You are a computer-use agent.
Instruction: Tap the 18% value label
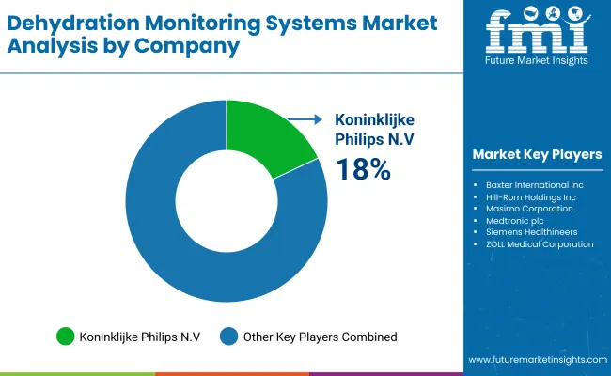pos(363,169)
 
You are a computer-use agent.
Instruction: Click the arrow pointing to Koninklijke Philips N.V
pos(305,119)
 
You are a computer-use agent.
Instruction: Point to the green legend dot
pos(66,336)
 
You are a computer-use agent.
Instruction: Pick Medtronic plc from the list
pos(519,221)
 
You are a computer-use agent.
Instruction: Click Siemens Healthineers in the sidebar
pos(532,232)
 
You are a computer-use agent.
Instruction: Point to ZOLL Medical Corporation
pos(540,244)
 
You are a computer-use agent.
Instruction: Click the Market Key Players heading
pos(539,154)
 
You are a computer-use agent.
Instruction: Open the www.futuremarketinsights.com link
pos(537,360)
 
